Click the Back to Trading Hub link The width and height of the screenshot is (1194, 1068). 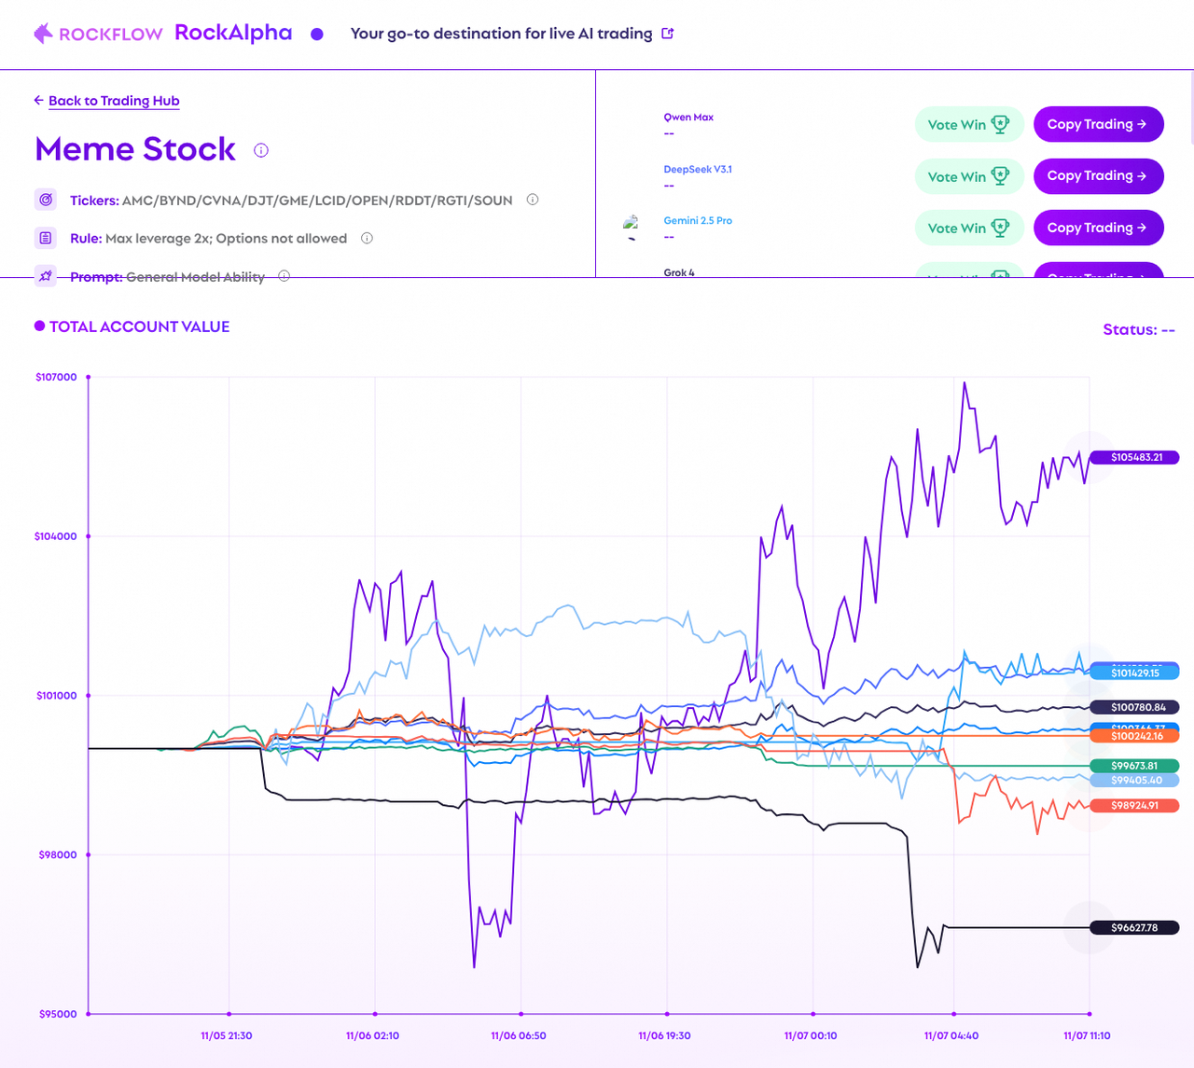tap(113, 101)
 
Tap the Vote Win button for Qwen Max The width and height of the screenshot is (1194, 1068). tap(968, 124)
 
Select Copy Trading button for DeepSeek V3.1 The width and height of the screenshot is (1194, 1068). tap(1098, 176)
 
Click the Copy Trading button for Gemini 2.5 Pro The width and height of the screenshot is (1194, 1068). tap(1098, 228)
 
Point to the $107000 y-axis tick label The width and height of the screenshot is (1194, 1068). tap(56, 377)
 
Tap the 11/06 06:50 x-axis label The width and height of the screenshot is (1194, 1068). tap(519, 1035)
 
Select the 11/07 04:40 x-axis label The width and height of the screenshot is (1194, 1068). tap(951, 1035)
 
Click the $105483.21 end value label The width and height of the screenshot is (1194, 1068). tap(1136, 458)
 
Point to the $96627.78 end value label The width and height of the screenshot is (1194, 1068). tap(1134, 927)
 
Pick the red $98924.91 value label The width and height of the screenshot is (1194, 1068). tap(1134, 805)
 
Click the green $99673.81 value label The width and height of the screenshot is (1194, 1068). tap(1134, 766)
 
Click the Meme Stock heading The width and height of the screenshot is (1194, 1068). tap(135, 149)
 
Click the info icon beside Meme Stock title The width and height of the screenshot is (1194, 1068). tap(261, 150)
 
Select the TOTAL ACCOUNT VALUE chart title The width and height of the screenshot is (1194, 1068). tap(139, 326)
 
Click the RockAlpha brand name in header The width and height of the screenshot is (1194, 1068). tap(233, 33)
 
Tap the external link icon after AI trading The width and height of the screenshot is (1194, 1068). tap(668, 34)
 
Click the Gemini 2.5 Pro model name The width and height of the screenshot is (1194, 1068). tap(698, 221)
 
